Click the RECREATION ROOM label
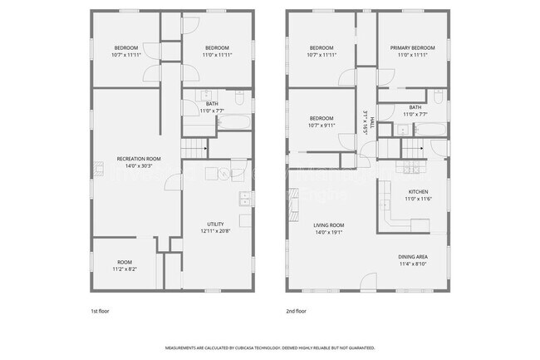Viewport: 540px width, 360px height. pyautogui.click(x=139, y=159)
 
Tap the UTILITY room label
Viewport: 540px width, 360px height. pyautogui.click(x=216, y=223)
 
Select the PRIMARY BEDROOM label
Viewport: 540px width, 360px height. pyautogui.click(x=413, y=47)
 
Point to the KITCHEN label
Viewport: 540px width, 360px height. pyautogui.click(x=417, y=191)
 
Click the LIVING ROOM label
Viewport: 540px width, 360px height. pyautogui.click(x=328, y=224)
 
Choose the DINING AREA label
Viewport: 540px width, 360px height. pyautogui.click(x=413, y=256)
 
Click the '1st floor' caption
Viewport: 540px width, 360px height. pyautogui.click(x=100, y=310)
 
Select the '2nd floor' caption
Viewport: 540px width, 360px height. pyautogui.click(x=297, y=310)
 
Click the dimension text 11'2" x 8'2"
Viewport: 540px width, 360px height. pyautogui.click(x=124, y=269)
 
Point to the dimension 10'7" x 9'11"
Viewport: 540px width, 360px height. pyautogui.click(x=322, y=126)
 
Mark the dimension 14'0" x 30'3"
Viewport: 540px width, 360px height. pyautogui.click(x=139, y=166)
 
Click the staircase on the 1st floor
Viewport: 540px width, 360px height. pyautogui.click(x=194, y=149)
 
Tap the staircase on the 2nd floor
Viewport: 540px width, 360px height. pyautogui.click(x=414, y=150)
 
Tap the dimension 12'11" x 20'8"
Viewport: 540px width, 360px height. pyautogui.click(x=216, y=230)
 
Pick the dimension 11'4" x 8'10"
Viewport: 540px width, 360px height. pyautogui.click(x=413, y=264)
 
